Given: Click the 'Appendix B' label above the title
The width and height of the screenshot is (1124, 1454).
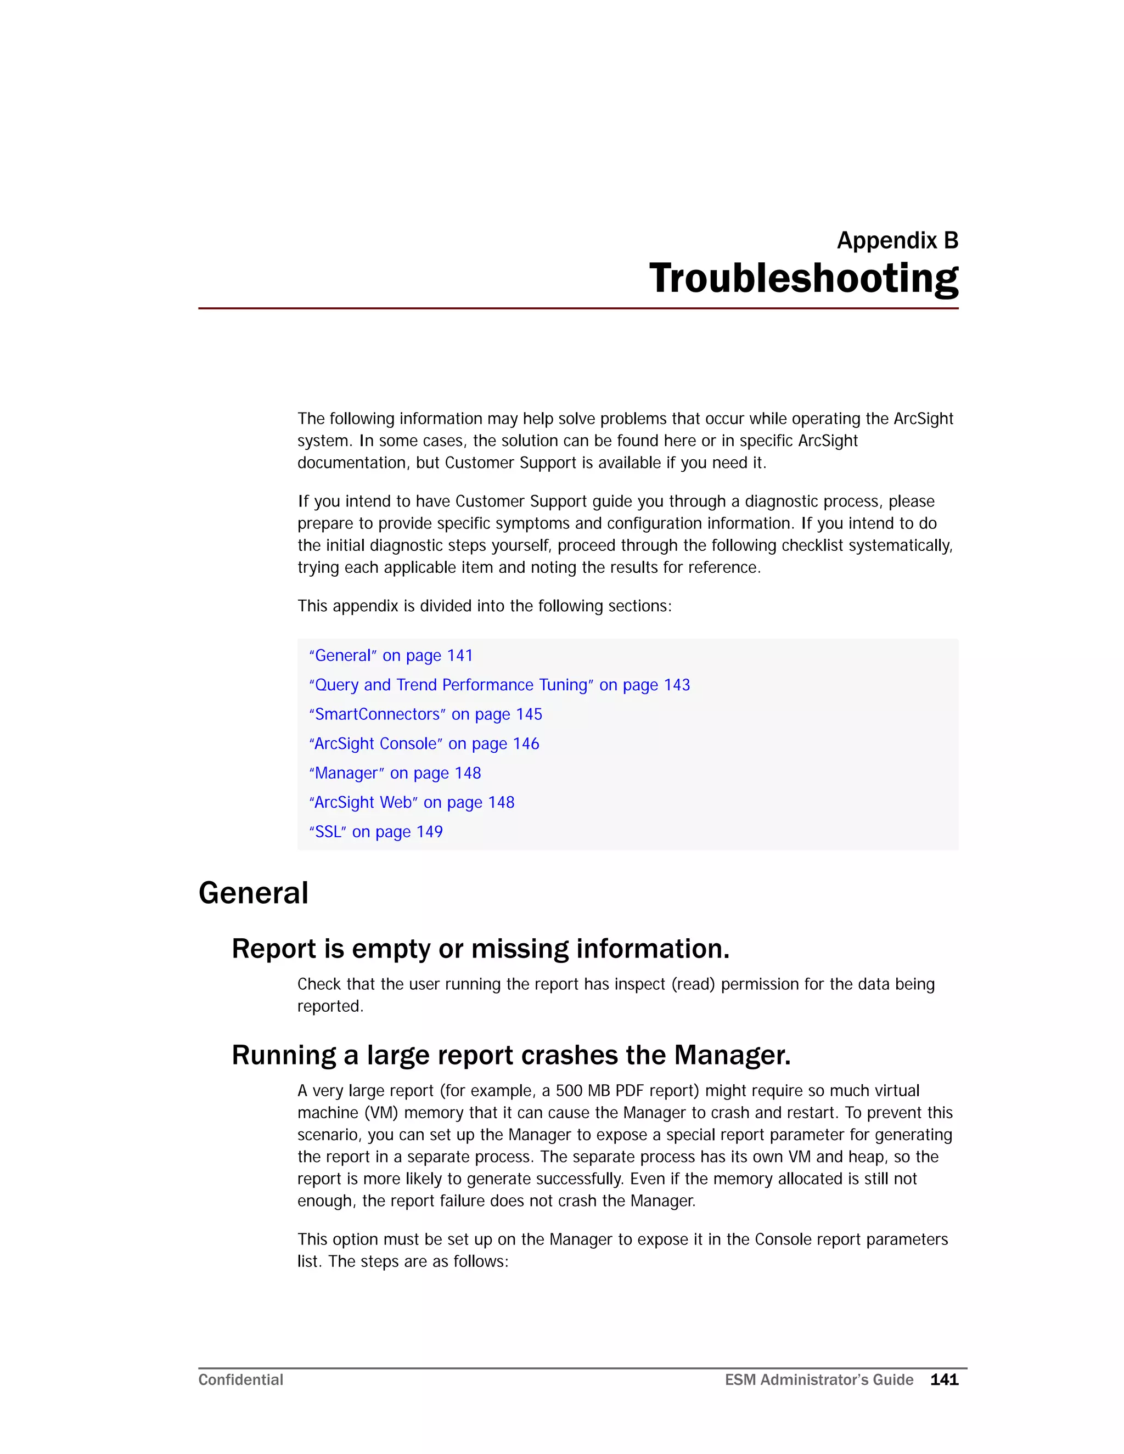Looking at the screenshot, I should [x=897, y=240].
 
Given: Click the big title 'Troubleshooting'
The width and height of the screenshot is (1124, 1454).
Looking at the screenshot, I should [x=803, y=278].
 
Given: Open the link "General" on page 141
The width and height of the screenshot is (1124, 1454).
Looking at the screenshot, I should [x=391, y=656].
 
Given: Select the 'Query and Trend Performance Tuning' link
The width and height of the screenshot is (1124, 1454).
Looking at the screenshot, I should [x=499, y=685].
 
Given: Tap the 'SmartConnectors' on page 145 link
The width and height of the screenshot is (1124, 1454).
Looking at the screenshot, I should [x=425, y=714].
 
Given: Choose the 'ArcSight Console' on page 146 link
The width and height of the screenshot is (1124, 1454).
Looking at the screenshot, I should [x=424, y=743].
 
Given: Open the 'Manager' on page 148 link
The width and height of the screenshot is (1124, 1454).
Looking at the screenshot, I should [x=395, y=773].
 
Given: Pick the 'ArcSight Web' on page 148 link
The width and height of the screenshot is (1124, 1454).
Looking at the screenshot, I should [x=412, y=802].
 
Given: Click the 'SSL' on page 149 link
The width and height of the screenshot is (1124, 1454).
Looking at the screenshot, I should [x=375, y=831].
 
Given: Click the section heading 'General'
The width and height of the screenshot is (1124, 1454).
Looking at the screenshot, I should [x=254, y=893].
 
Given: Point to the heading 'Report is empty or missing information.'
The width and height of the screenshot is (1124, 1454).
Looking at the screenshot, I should [x=480, y=949].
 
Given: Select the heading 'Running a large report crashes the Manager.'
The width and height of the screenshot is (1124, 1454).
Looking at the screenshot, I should [x=511, y=1055].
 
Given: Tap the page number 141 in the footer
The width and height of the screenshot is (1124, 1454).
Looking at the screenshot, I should [x=943, y=1380].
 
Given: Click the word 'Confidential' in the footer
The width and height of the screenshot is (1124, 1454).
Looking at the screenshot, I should [x=240, y=1380].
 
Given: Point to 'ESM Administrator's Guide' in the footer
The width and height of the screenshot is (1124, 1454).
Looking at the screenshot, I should [x=818, y=1380].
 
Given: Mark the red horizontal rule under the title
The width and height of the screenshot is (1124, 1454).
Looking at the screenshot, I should [x=578, y=308].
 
